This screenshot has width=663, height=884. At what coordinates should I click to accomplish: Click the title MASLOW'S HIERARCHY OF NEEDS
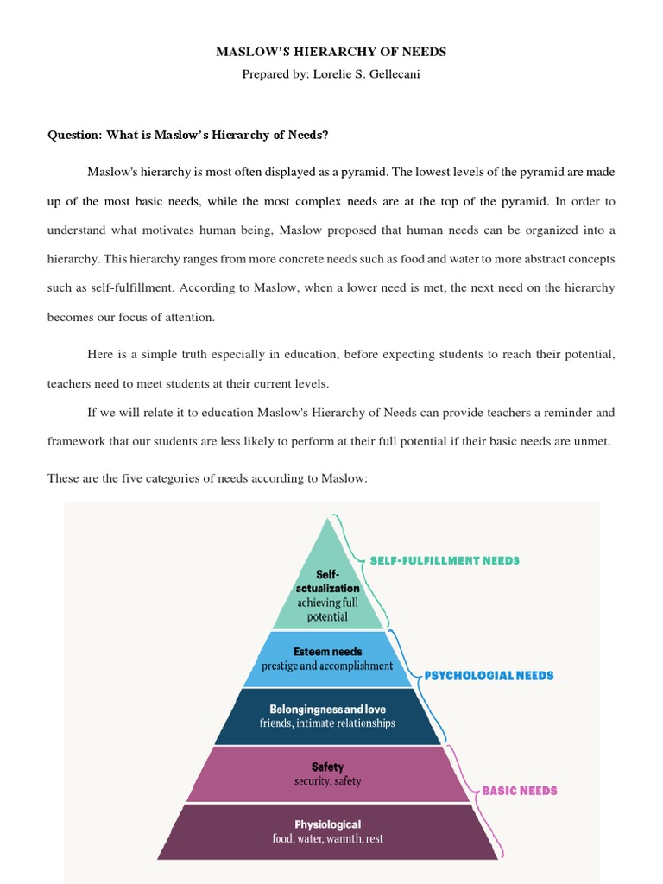pos(331,53)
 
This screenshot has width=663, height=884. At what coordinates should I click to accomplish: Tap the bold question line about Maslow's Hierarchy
pos(188,135)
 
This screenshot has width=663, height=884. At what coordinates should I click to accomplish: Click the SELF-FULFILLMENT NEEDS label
pos(445,560)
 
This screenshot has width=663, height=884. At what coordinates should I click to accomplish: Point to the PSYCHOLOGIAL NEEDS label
pos(489,676)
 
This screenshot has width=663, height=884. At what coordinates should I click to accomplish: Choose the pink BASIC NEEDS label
pos(519,790)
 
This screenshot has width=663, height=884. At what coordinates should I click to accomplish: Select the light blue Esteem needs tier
pos(328,659)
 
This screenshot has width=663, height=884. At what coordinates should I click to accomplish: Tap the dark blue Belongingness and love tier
pos(328,716)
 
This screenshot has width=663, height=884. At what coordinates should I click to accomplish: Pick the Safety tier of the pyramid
pos(327,773)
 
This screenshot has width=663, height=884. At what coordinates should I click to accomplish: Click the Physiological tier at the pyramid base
pos(327,831)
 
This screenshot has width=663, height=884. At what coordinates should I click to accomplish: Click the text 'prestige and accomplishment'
pos(329,666)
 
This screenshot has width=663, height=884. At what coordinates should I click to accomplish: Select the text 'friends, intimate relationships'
pos(327,723)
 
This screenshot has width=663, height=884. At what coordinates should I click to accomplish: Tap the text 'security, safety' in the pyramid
pos(327,781)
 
